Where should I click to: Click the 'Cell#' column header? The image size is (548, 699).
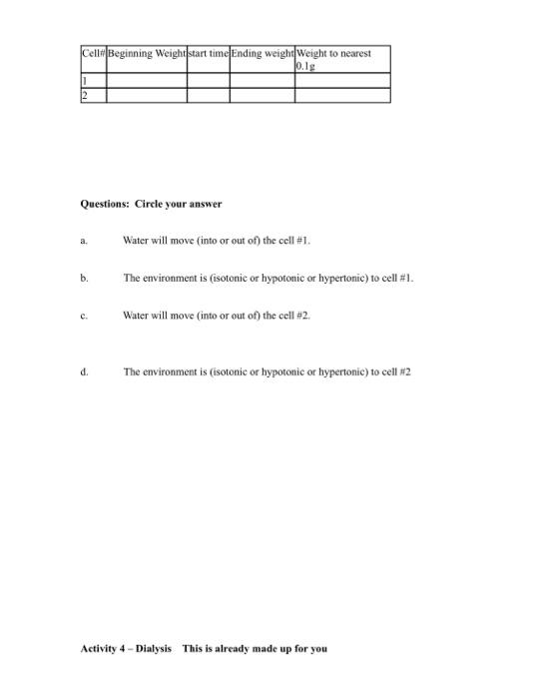[x=93, y=53]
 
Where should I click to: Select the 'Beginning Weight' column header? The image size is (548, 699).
[x=146, y=53]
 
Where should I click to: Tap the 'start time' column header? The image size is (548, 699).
[x=208, y=53]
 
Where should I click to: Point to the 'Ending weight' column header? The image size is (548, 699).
[x=262, y=53]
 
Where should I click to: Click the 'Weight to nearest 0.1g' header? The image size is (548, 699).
[x=341, y=59]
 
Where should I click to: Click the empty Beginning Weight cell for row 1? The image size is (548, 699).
[x=146, y=80]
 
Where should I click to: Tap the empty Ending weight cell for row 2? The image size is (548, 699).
[x=262, y=95]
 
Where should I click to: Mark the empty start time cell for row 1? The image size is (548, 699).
[x=208, y=80]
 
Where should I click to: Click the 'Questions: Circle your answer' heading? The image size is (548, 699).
[x=151, y=204]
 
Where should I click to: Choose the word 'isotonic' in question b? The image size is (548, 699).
[x=233, y=279]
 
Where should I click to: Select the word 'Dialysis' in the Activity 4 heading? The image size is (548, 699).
[x=152, y=649]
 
